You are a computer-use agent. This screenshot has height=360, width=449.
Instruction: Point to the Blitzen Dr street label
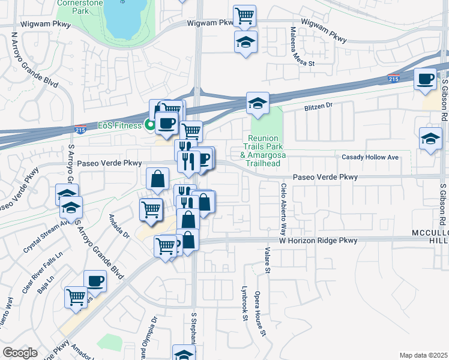316,106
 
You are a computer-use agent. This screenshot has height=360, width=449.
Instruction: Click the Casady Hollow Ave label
370,157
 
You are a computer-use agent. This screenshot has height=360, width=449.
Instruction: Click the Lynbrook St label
245,307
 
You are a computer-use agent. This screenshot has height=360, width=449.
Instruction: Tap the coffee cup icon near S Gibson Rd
425,79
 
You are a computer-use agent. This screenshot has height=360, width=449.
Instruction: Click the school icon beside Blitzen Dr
257,102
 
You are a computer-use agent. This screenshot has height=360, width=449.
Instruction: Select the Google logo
20,353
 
